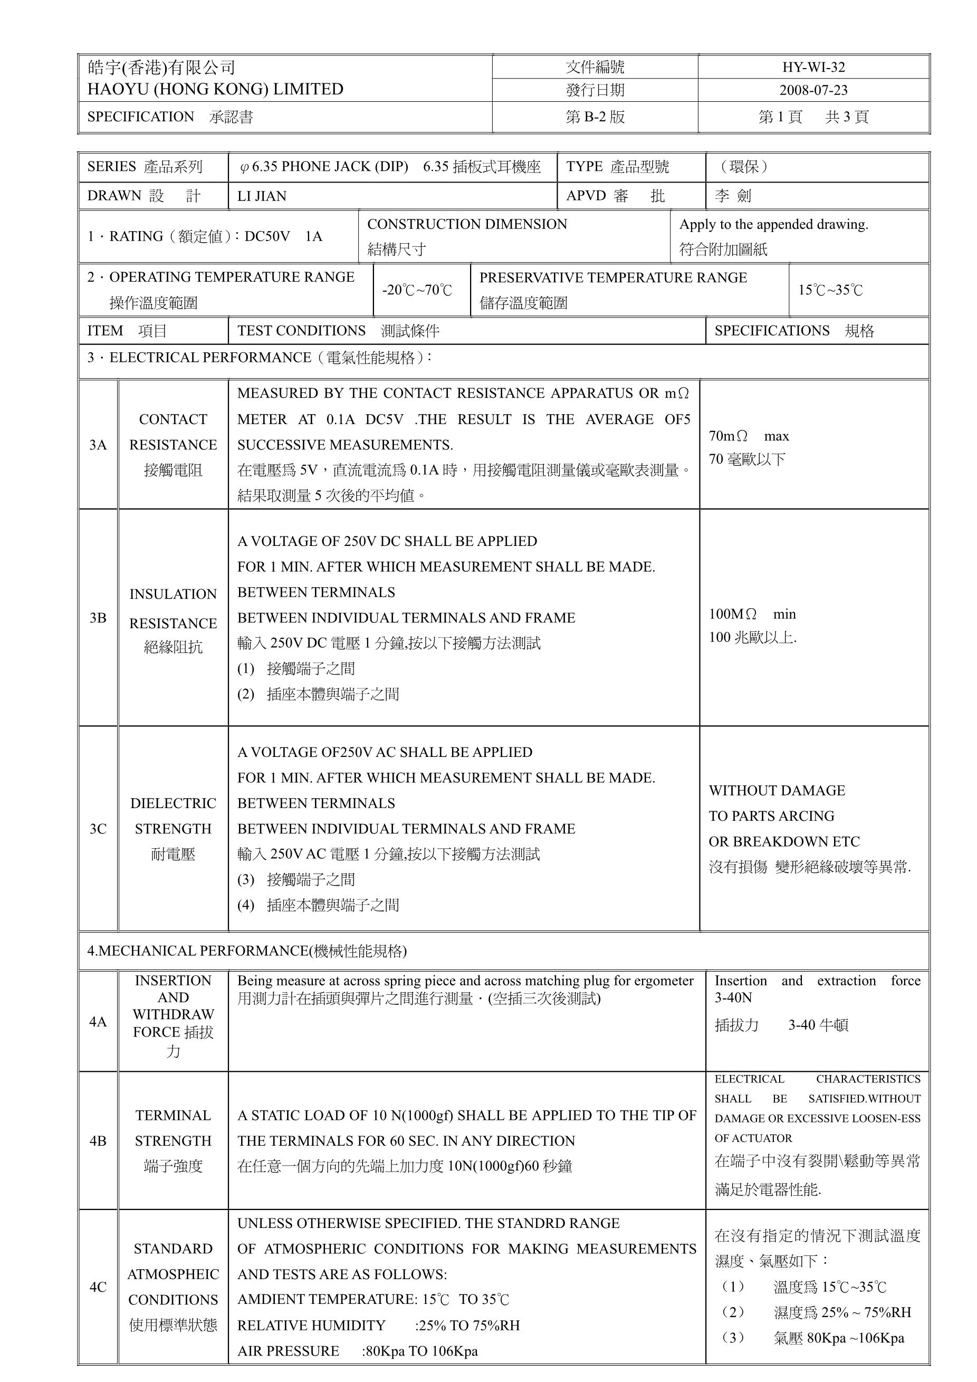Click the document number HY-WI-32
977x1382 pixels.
click(x=813, y=67)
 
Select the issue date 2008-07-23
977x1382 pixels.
click(x=813, y=90)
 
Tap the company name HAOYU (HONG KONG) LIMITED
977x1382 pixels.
click(x=215, y=89)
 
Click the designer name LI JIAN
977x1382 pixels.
click(x=261, y=196)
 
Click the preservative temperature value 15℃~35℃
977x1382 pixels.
click(x=830, y=290)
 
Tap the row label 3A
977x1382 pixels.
click(x=98, y=445)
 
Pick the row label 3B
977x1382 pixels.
click(x=98, y=618)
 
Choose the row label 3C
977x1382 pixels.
click(x=98, y=829)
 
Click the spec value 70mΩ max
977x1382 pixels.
click(x=748, y=436)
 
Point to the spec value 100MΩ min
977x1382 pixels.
click(x=752, y=614)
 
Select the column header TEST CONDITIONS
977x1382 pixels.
click(x=301, y=330)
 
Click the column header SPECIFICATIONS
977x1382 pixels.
click(x=772, y=330)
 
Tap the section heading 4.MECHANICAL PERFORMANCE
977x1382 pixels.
click(x=247, y=951)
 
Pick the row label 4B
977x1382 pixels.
click(x=98, y=1140)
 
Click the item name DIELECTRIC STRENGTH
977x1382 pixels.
click(x=173, y=816)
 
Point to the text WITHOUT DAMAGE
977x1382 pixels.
click(x=777, y=790)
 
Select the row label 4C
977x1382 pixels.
click(x=98, y=1287)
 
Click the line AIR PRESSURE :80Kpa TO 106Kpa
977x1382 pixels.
click(x=357, y=1351)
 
